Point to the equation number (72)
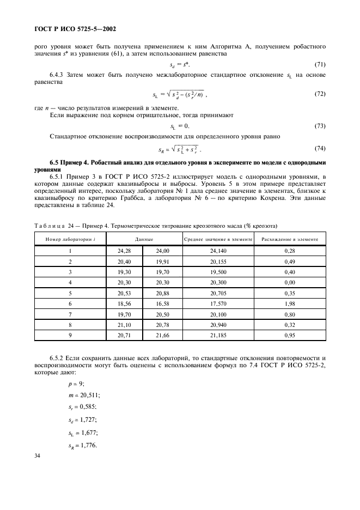pyautogui.click(x=320, y=94)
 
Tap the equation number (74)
pyautogui.click(x=320, y=148)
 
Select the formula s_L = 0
pyautogui.click(x=180, y=126)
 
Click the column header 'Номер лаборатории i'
pyautogui.click(x=70, y=239)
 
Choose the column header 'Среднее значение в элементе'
pyautogui.click(x=218, y=239)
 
